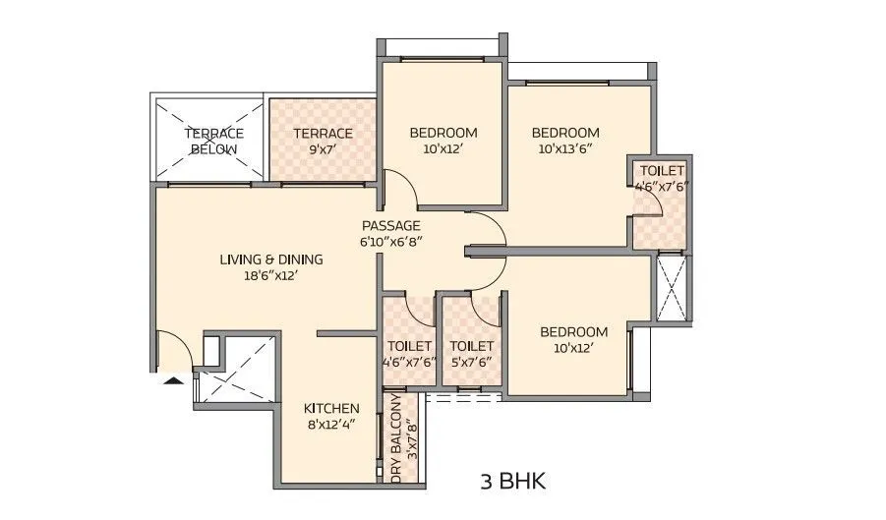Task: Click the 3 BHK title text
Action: (512, 482)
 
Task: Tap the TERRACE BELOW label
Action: (214, 141)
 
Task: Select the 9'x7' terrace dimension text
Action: (323, 149)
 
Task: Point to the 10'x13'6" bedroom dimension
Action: (565, 149)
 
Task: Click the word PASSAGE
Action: (391, 225)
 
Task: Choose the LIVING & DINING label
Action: (270, 260)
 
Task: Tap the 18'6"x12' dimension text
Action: (270, 276)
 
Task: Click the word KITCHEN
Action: (331, 408)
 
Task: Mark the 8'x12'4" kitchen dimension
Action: (331, 425)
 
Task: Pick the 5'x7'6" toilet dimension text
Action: (471, 362)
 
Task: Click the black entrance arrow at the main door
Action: (172, 381)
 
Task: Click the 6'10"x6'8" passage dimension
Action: (391, 242)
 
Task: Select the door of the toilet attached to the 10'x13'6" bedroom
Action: (647, 202)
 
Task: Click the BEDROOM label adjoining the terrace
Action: (443, 133)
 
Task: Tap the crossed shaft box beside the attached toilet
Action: (674, 287)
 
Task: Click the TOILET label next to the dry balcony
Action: (409, 346)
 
